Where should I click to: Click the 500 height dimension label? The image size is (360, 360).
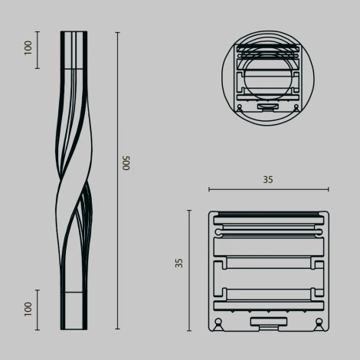(127, 163)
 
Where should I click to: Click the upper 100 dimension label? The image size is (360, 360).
(28, 48)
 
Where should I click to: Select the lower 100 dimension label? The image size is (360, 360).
(28, 309)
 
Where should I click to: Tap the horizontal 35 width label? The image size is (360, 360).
(267, 180)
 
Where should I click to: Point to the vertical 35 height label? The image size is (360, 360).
(179, 263)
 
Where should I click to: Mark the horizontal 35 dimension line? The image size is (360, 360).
(267, 189)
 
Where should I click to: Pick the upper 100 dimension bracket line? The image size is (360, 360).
(38, 50)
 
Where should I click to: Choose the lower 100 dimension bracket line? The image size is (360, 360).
(38, 309)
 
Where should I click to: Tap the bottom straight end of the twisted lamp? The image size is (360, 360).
(74, 310)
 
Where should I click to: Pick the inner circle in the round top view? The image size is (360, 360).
(267, 77)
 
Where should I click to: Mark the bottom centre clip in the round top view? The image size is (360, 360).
(267, 106)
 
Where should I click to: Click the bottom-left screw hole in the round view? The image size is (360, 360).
(240, 107)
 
